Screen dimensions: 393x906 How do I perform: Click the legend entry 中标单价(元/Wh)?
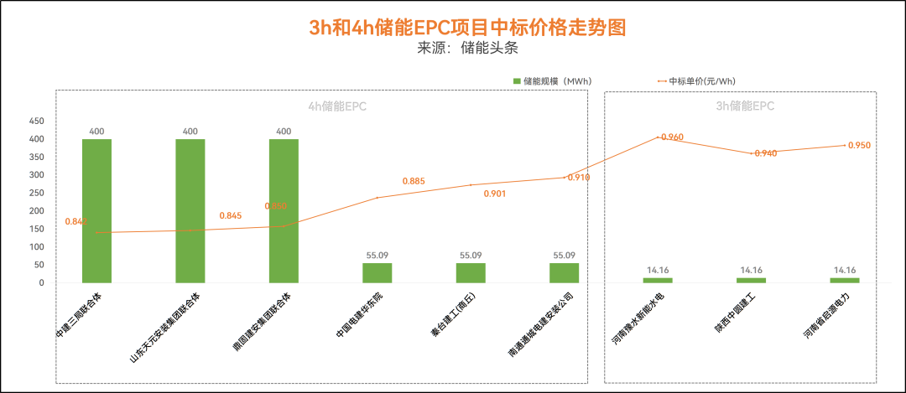701,81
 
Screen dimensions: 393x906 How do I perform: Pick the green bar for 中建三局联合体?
96,210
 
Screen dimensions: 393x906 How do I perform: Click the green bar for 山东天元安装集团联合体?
190,210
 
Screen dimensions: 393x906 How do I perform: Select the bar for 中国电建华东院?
377,273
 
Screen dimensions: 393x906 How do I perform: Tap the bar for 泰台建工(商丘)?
471,273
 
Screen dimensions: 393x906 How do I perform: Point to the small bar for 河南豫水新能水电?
658,280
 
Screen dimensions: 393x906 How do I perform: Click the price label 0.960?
672,137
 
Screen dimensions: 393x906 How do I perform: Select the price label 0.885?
414,181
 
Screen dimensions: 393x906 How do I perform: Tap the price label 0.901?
495,194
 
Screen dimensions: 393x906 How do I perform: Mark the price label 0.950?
859,146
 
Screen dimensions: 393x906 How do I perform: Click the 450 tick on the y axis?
36,121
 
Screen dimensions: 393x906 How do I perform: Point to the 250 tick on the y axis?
36,193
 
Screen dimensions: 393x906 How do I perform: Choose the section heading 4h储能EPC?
337,106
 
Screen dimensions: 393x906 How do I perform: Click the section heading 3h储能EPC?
745,106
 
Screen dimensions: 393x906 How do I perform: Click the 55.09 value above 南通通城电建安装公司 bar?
565,256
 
